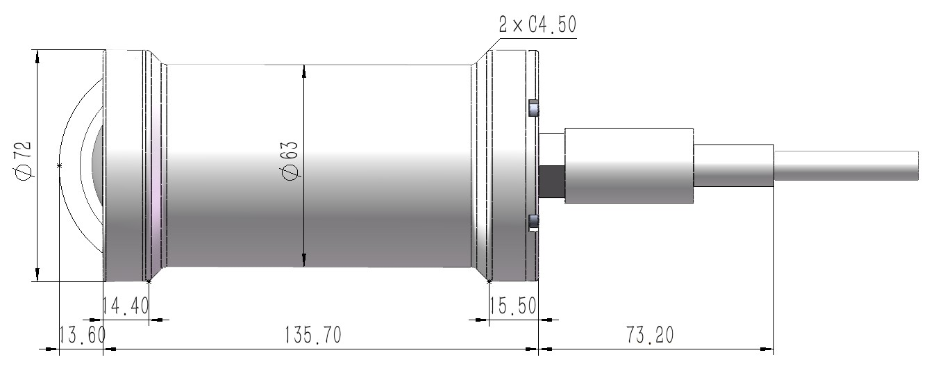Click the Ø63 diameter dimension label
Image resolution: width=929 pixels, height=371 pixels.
291,161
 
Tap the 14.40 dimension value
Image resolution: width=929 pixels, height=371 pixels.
125,305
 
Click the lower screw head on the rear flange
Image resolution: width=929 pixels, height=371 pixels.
533,222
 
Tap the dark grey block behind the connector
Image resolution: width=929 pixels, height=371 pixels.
553,180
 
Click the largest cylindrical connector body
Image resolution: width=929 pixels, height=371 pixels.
629,165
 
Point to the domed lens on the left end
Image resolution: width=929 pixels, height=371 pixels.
98,165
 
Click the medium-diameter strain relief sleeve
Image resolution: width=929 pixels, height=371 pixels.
733,166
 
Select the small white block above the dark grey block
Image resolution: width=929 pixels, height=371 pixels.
552,148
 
